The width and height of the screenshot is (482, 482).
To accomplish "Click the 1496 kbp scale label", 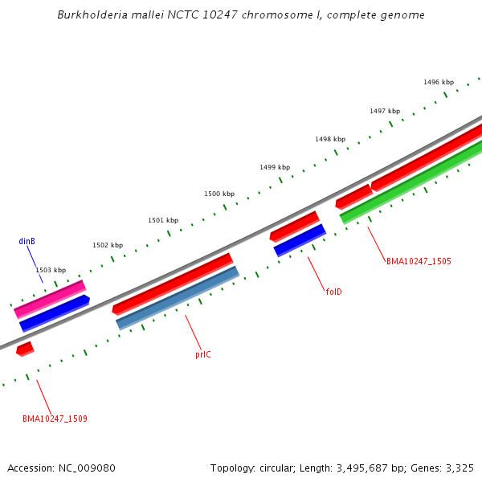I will tap(439, 82).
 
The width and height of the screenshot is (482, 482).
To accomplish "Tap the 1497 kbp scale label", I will tap(385, 111).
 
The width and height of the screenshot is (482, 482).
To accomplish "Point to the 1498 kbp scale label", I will tap(330, 139).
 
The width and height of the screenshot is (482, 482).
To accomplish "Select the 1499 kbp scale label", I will tap(275, 167).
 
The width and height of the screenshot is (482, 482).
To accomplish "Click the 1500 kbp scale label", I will tap(219, 194).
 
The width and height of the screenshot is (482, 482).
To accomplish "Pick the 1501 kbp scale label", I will tap(163, 220).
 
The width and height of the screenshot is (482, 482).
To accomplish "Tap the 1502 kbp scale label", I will tap(108, 245).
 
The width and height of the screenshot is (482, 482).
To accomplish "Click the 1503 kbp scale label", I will tap(51, 270).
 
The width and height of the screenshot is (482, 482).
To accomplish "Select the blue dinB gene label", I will tap(27, 241).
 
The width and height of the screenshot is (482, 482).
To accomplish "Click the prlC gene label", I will tap(203, 354).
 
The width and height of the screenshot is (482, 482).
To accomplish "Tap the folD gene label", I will tap(333, 292).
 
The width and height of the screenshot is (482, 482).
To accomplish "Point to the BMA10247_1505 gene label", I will tap(419, 261).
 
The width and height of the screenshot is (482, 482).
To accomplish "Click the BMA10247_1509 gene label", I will tap(55, 419).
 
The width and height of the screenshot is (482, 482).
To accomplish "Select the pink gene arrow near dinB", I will tap(50, 298).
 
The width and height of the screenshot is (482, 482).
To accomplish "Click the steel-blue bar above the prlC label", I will tap(178, 298).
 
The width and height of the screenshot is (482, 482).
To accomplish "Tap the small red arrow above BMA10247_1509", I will tap(25, 349).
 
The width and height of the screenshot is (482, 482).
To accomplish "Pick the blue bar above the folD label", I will tap(300, 240).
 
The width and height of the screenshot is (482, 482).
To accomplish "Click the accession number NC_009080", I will tap(86, 468).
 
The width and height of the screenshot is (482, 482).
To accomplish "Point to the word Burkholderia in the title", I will tap(92, 15).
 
